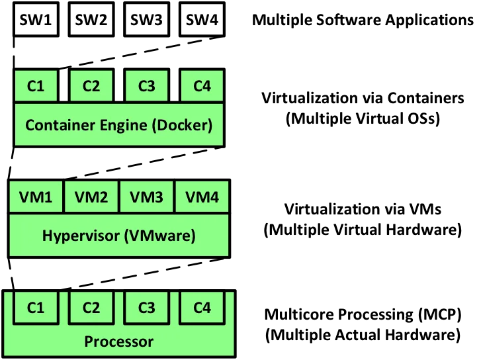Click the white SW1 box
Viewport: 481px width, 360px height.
pos(36,20)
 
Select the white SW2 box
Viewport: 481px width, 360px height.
pos(91,20)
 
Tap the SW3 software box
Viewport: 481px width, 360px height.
pos(146,20)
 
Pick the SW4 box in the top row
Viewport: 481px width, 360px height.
pos(202,20)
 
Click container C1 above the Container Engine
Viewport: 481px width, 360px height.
pos(36,86)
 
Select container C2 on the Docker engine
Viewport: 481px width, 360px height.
pos(91,86)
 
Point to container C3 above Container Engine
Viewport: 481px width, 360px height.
pos(146,86)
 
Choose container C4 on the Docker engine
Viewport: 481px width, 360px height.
pos(202,86)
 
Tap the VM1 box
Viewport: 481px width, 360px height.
pos(36,197)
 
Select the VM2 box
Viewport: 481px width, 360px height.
pos(91,197)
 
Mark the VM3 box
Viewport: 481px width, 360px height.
pos(146,197)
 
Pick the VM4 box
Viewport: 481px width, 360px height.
pos(202,197)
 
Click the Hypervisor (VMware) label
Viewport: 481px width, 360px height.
pos(119,235)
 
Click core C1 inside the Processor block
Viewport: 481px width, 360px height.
pos(36,308)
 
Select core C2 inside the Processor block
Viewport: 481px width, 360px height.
pos(91,308)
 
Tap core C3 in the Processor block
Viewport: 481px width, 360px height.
pos(146,308)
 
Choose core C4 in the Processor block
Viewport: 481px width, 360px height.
pos(202,308)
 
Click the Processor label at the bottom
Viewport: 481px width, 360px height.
pos(119,342)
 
